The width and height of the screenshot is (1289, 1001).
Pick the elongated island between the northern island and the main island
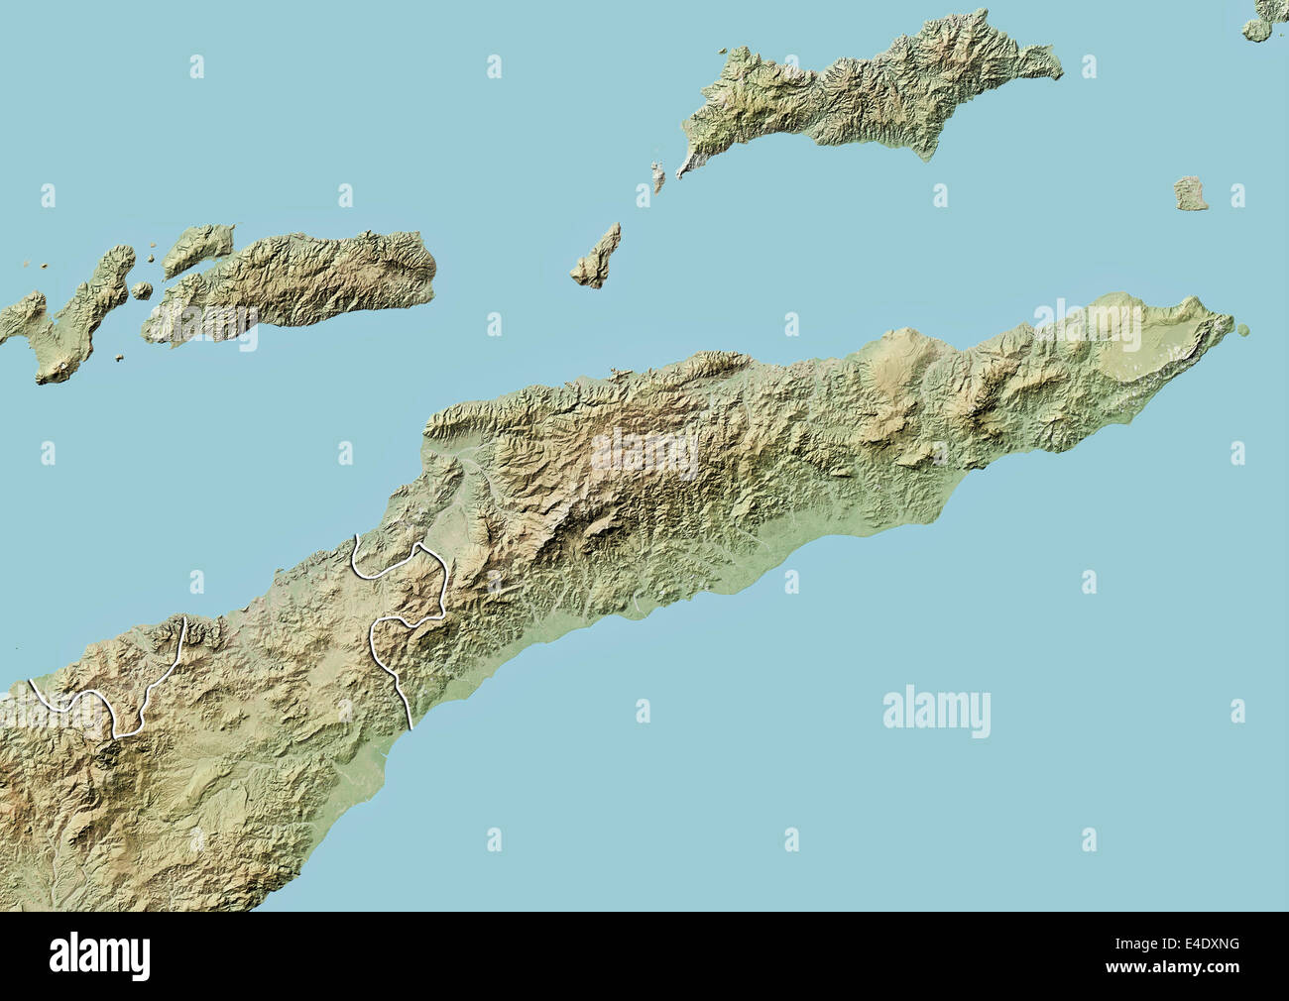pos(598,258)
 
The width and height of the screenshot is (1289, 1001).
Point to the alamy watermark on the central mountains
pos(644,451)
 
